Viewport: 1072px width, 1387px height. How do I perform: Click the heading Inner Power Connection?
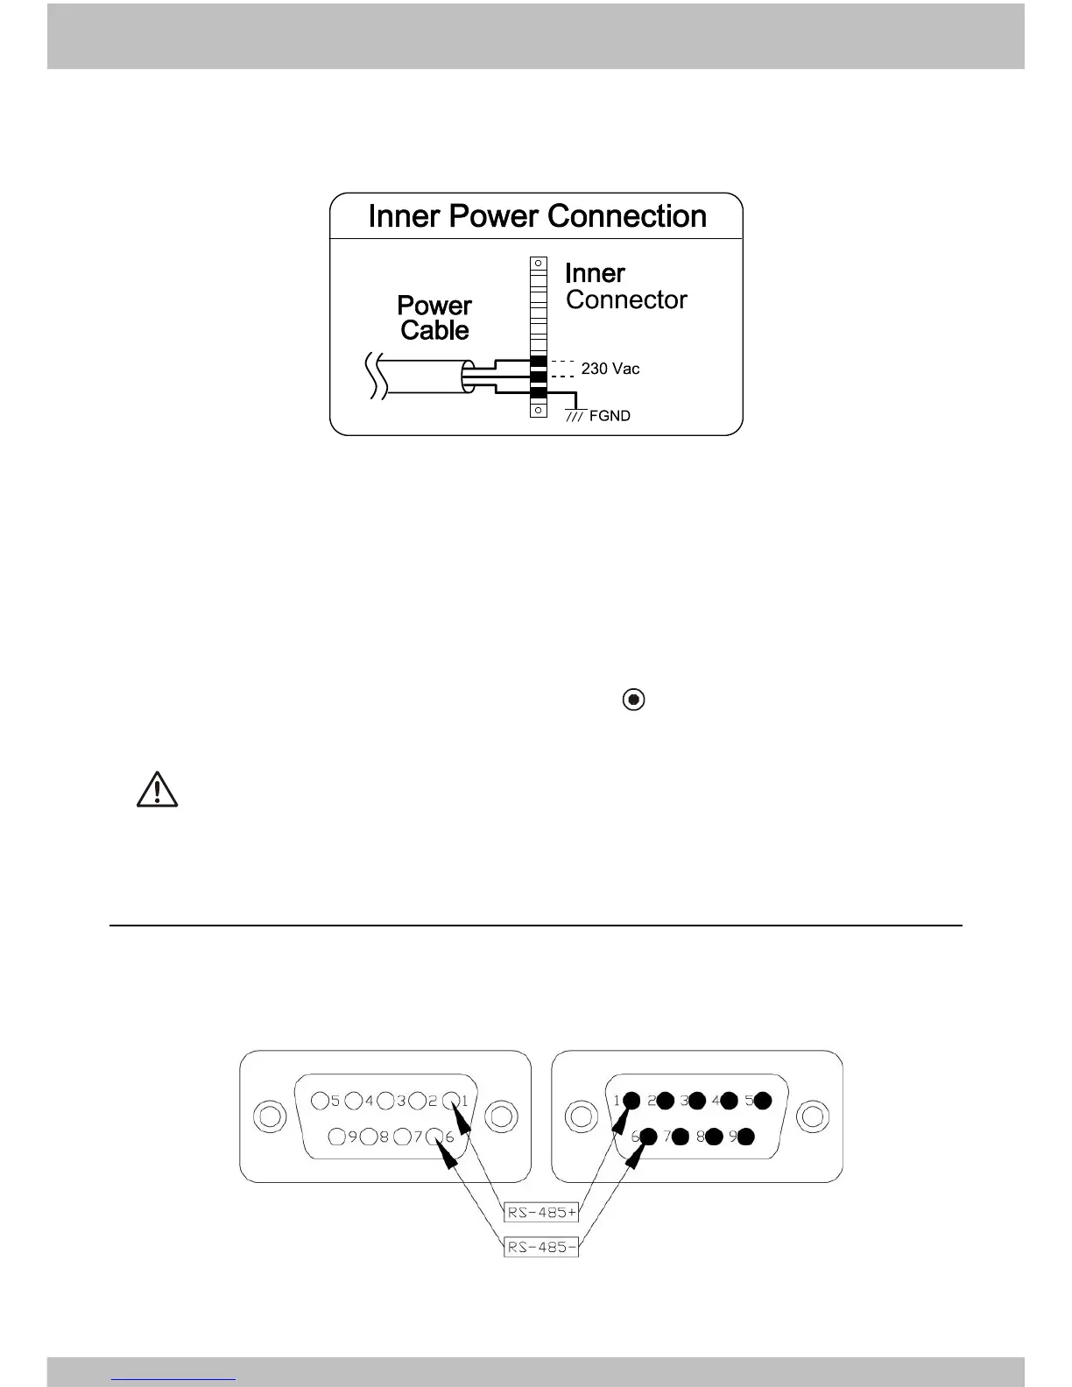[537, 216]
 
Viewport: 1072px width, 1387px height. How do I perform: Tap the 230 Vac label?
[610, 369]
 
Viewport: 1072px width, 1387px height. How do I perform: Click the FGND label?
[610, 416]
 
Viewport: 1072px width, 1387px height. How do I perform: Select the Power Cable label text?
[434, 318]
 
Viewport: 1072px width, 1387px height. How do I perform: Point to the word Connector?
[626, 299]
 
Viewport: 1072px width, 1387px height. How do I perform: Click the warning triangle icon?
[157, 789]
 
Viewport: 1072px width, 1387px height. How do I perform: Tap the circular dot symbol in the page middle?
[633, 700]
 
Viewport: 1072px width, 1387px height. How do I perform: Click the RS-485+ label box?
[542, 1213]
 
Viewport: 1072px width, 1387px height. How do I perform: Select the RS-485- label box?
[541, 1247]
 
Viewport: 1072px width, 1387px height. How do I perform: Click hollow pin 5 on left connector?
[320, 1100]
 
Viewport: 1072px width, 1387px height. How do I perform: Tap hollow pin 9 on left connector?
[337, 1137]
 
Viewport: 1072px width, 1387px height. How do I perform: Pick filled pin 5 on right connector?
[762, 1100]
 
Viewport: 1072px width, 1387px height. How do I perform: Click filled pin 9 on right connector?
[746, 1137]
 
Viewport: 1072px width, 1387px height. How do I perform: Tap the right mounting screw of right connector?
[814, 1117]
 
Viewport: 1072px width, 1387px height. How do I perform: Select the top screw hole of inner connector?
[539, 264]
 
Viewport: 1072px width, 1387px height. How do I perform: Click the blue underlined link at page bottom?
[174, 1378]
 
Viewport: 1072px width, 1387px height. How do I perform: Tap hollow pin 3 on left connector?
[385, 1100]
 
